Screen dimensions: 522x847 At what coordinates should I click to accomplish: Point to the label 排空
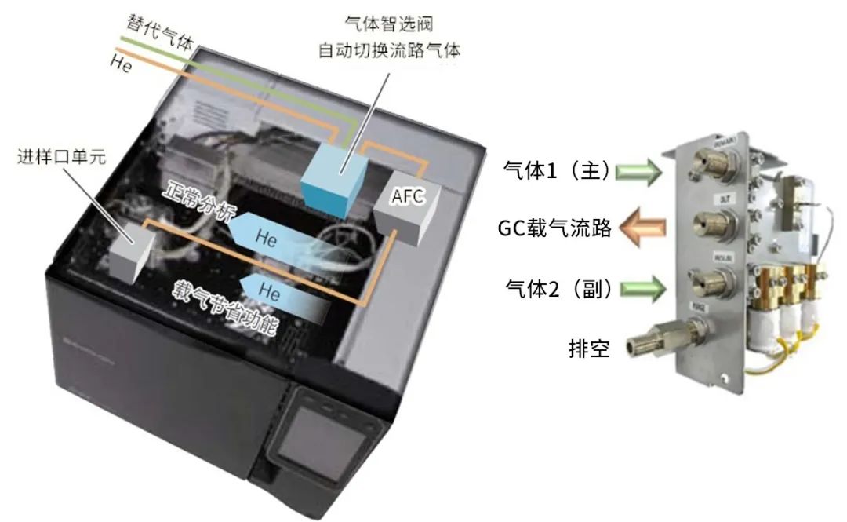(x=589, y=346)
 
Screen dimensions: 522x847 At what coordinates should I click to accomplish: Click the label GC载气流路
(x=554, y=228)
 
